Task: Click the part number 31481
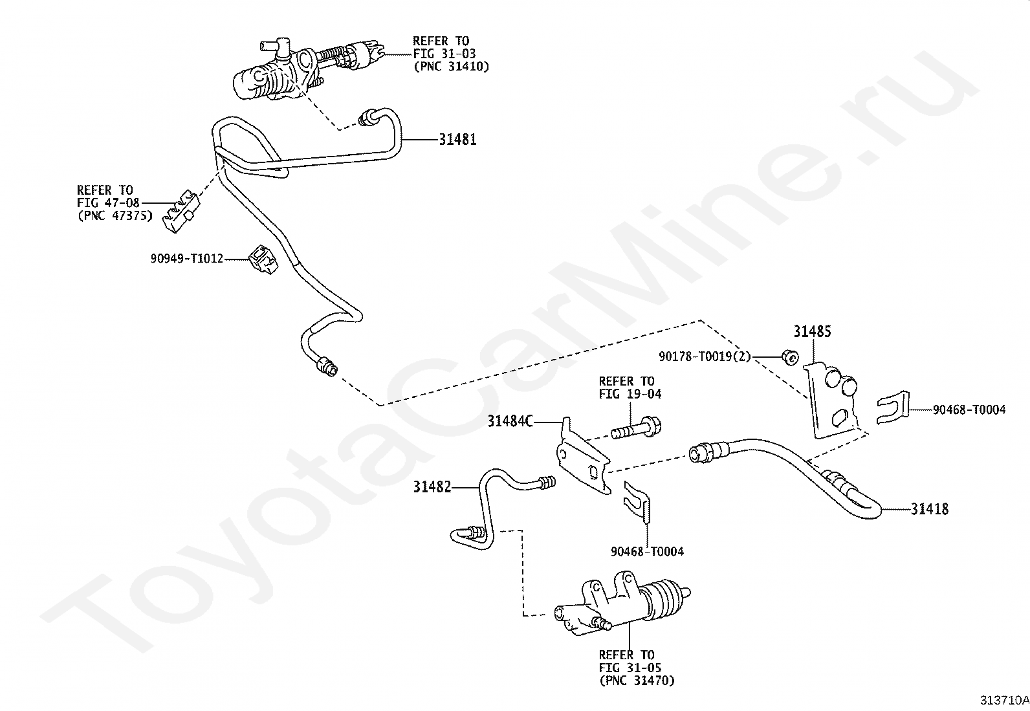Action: [457, 139]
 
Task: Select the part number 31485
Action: [812, 332]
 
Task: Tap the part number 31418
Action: [930, 509]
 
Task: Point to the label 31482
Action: [432, 487]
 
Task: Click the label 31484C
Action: [510, 422]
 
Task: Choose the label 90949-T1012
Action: [186, 259]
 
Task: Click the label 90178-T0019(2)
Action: [705, 356]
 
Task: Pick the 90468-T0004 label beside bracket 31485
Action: [969, 410]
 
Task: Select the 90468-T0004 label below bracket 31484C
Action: [647, 551]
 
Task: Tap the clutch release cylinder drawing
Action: [624, 605]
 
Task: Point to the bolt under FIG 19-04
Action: [636, 428]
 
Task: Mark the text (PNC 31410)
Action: [451, 66]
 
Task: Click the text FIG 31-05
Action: [630, 667]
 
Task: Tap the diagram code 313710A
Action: [1003, 700]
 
